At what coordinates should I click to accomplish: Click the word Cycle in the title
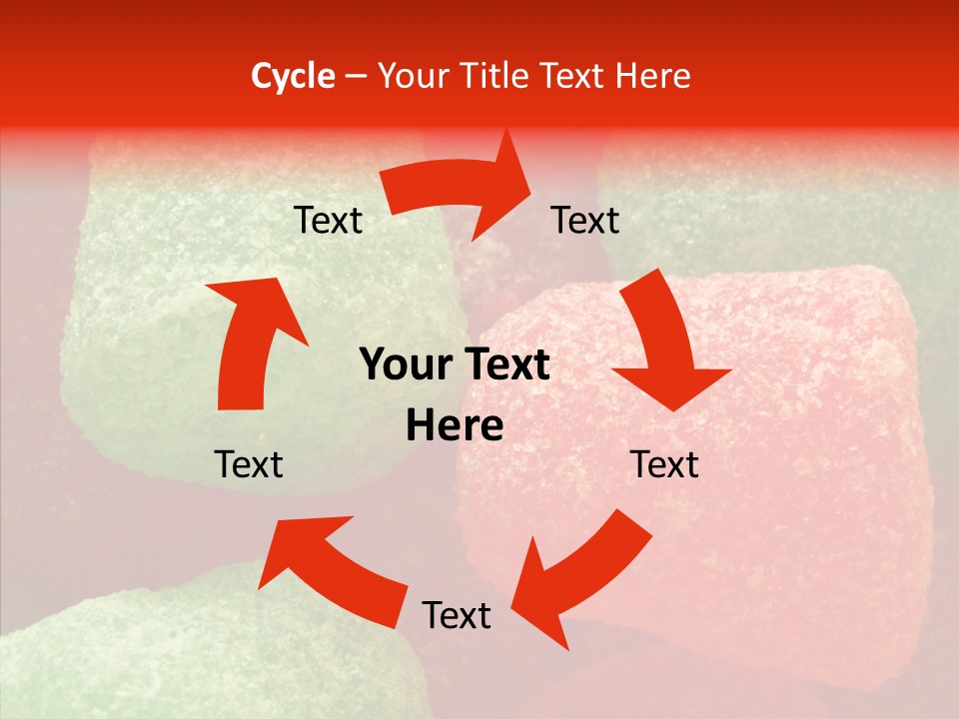click(293, 76)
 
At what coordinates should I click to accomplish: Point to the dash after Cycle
click(355, 77)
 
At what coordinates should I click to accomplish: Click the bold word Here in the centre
click(455, 426)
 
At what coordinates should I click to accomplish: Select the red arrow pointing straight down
click(664, 340)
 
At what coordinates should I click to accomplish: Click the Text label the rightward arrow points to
click(585, 220)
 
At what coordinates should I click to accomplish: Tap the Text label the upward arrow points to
click(328, 220)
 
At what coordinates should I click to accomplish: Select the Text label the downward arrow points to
click(664, 464)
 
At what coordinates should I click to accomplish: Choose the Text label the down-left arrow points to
click(457, 615)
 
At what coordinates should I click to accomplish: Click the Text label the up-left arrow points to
click(249, 464)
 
